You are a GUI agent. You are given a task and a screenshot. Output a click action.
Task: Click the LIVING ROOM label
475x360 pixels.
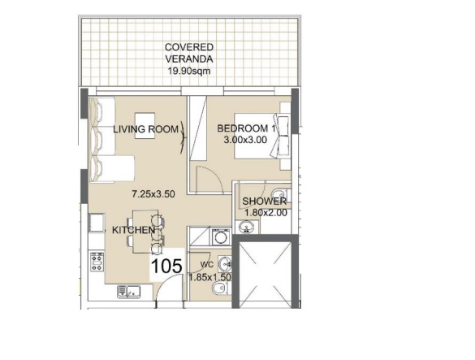click(x=146, y=129)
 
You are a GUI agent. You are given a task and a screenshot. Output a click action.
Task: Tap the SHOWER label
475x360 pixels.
click(x=265, y=202)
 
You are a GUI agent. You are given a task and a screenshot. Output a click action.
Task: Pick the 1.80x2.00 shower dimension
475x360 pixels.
click(x=265, y=213)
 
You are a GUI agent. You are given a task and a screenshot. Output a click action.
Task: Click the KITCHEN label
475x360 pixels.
click(x=133, y=231)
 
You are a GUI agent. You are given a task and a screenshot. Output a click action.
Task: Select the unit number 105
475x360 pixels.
click(x=166, y=264)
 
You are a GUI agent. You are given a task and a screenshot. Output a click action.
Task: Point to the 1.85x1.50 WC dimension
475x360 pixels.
click(x=210, y=277)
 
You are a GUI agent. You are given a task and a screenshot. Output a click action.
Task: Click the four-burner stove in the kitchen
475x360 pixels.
click(x=97, y=262)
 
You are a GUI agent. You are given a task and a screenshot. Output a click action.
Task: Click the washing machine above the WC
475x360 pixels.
click(x=218, y=237)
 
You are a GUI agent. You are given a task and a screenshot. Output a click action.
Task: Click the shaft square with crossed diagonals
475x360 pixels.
click(x=262, y=271)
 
